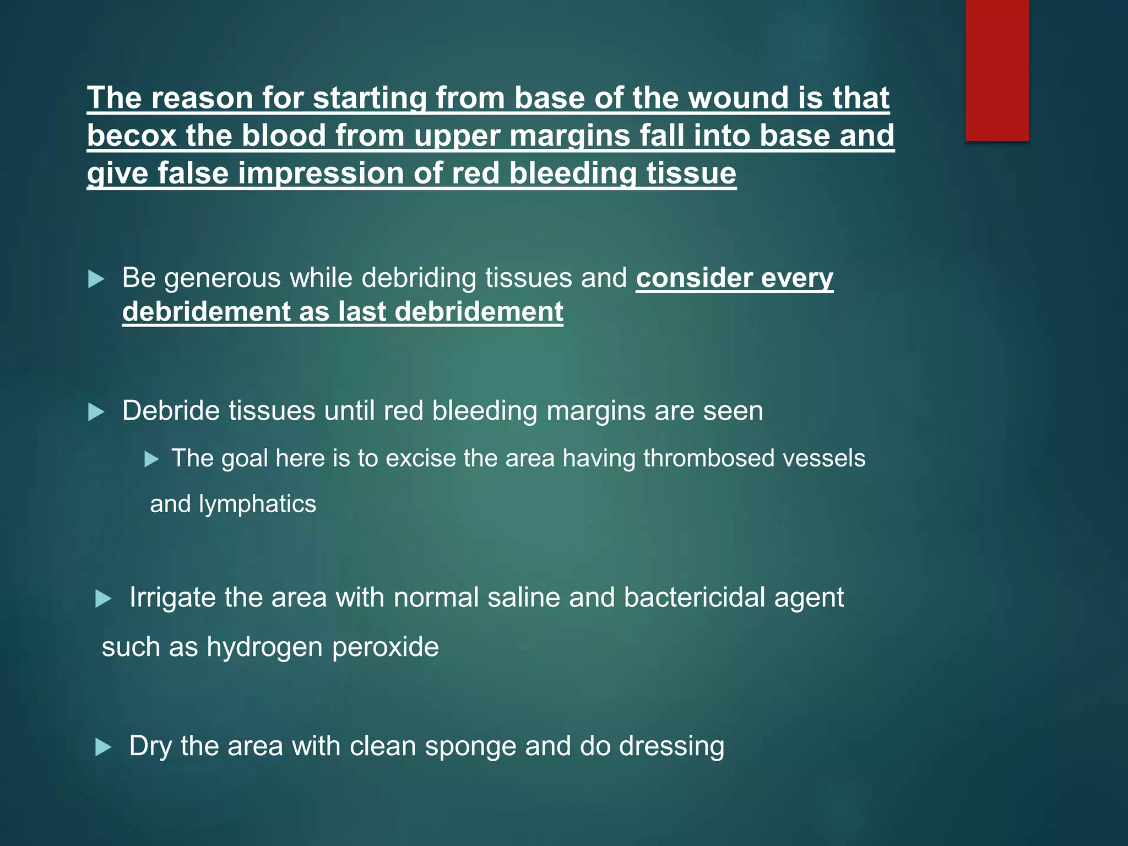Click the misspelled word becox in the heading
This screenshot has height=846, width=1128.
pyautogui.click(x=131, y=135)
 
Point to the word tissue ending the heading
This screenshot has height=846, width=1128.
pyautogui.click(x=691, y=173)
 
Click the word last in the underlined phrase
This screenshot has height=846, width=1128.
pyautogui.click(x=362, y=312)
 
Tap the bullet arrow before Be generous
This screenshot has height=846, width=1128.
pyautogui.click(x=96, y=279)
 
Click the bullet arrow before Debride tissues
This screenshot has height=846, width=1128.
pyautogui.click(x=96, y=412)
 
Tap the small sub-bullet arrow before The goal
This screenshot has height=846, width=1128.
pyautogui.click(x=151, y=459)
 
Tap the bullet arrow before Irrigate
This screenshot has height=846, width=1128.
pyautogui.click(x=104, y=599)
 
